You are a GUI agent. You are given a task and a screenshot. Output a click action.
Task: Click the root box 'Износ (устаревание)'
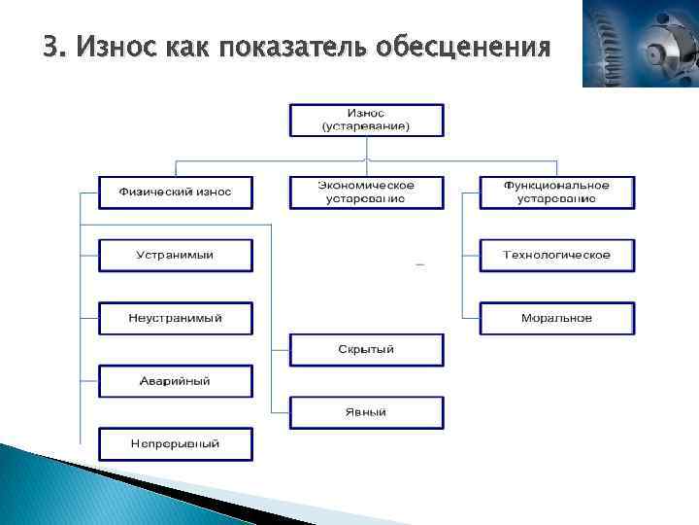(366, 121)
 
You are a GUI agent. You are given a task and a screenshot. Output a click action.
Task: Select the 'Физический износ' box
(175, 192)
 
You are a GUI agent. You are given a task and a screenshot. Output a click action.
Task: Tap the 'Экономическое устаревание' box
(366, 192)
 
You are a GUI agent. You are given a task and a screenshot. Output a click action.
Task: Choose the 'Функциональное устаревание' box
(556, 192)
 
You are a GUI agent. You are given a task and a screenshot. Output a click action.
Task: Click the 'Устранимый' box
(175, 255)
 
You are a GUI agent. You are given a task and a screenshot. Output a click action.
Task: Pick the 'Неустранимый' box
(175, 318)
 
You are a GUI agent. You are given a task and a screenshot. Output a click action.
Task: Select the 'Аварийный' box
(175, 381)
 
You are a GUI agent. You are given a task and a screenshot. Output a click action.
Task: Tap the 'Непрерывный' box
(175, 443)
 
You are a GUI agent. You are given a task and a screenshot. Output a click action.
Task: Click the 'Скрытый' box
(366, 349)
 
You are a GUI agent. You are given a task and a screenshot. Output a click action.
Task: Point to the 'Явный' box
(366, 412)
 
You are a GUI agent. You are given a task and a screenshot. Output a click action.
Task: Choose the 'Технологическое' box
(556, 255)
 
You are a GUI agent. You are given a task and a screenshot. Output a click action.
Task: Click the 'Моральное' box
(556, 318)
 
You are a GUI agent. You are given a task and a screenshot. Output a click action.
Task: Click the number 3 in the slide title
(50, 47)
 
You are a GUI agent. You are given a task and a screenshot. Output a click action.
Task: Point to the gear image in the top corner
(640, 45)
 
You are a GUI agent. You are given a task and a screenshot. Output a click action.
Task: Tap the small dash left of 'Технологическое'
(419, 263)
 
